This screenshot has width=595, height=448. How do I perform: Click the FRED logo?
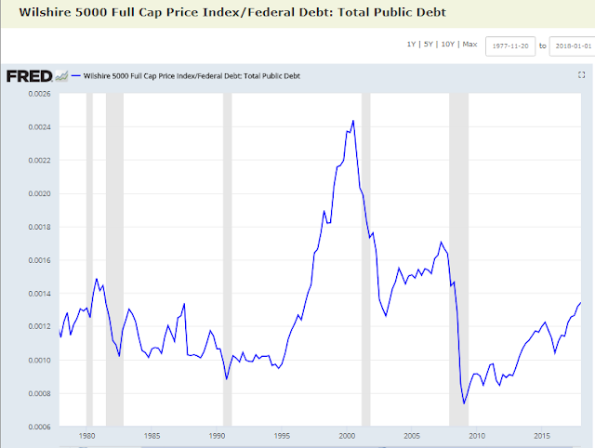tap(29, 76)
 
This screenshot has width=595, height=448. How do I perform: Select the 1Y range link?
tap(411, 45)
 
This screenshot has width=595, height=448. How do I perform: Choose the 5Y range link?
tap(428, 45)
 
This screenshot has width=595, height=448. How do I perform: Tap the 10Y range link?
tap(448, 45)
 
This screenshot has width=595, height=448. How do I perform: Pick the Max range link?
tap(469, 45)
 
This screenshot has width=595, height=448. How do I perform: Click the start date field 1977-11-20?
tap(510, 46)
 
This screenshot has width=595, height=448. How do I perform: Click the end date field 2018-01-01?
tap(573, 46)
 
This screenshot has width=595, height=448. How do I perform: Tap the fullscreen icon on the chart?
tap(581, 75)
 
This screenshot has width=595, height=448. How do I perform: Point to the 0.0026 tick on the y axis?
tap(39, 94)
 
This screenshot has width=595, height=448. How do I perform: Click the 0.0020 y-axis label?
tap(39, 194)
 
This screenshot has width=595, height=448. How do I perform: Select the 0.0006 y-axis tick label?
tap(39, 428)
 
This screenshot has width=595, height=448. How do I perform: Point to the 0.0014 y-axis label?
tap(39, 294)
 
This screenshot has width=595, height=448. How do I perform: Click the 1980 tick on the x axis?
tap(86, 436)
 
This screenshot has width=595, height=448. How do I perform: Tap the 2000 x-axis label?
tap(347, 436)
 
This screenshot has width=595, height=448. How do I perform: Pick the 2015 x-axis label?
tap(542, 436)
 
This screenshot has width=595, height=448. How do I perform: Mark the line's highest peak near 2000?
tap(353, 121)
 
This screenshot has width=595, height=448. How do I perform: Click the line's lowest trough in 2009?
tap(464, 403)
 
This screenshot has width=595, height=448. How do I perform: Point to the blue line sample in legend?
tap(76, 76)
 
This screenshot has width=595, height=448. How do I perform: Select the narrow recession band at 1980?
tap(89, 259)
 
